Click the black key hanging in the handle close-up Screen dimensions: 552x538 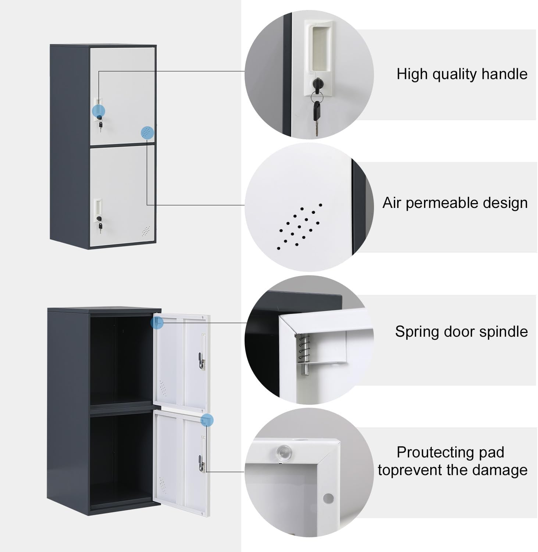(x=316, y=110)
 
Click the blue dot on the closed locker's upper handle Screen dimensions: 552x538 (x=99, y=110)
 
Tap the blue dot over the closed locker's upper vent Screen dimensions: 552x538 (x=147, y=133)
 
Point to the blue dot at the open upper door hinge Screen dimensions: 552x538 (x=157, y=323)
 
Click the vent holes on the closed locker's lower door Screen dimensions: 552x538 (x=146, y=231)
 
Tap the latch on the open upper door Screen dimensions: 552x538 (x=200, y=360)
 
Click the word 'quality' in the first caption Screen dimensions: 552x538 (x=455, y=74)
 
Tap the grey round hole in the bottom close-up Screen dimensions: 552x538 (x=328, y=498)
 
